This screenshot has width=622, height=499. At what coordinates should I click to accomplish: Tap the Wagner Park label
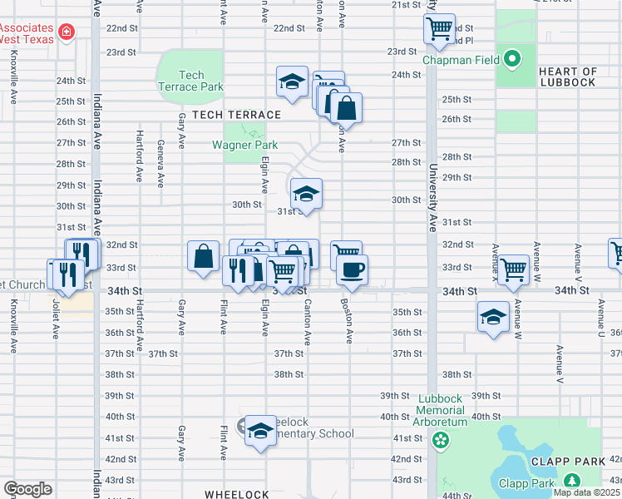click(244, 145)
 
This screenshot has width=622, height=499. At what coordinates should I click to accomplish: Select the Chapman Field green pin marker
click(513, 59)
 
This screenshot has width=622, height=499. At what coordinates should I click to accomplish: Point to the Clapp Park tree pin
click(571, 481)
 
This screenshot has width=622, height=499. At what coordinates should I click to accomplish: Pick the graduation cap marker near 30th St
click(306, 195)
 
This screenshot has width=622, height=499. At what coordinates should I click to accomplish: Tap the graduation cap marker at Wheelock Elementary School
click(260, 430)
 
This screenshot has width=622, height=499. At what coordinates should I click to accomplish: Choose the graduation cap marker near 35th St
click(493, 316)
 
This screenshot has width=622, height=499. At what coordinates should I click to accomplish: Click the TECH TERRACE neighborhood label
click(225, 114)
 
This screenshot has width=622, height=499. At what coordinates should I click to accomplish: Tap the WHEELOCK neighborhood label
click(236, 494)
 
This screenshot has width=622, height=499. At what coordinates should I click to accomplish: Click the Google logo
click(27, 489)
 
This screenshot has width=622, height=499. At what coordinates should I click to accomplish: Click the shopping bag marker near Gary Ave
click(204, 256)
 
